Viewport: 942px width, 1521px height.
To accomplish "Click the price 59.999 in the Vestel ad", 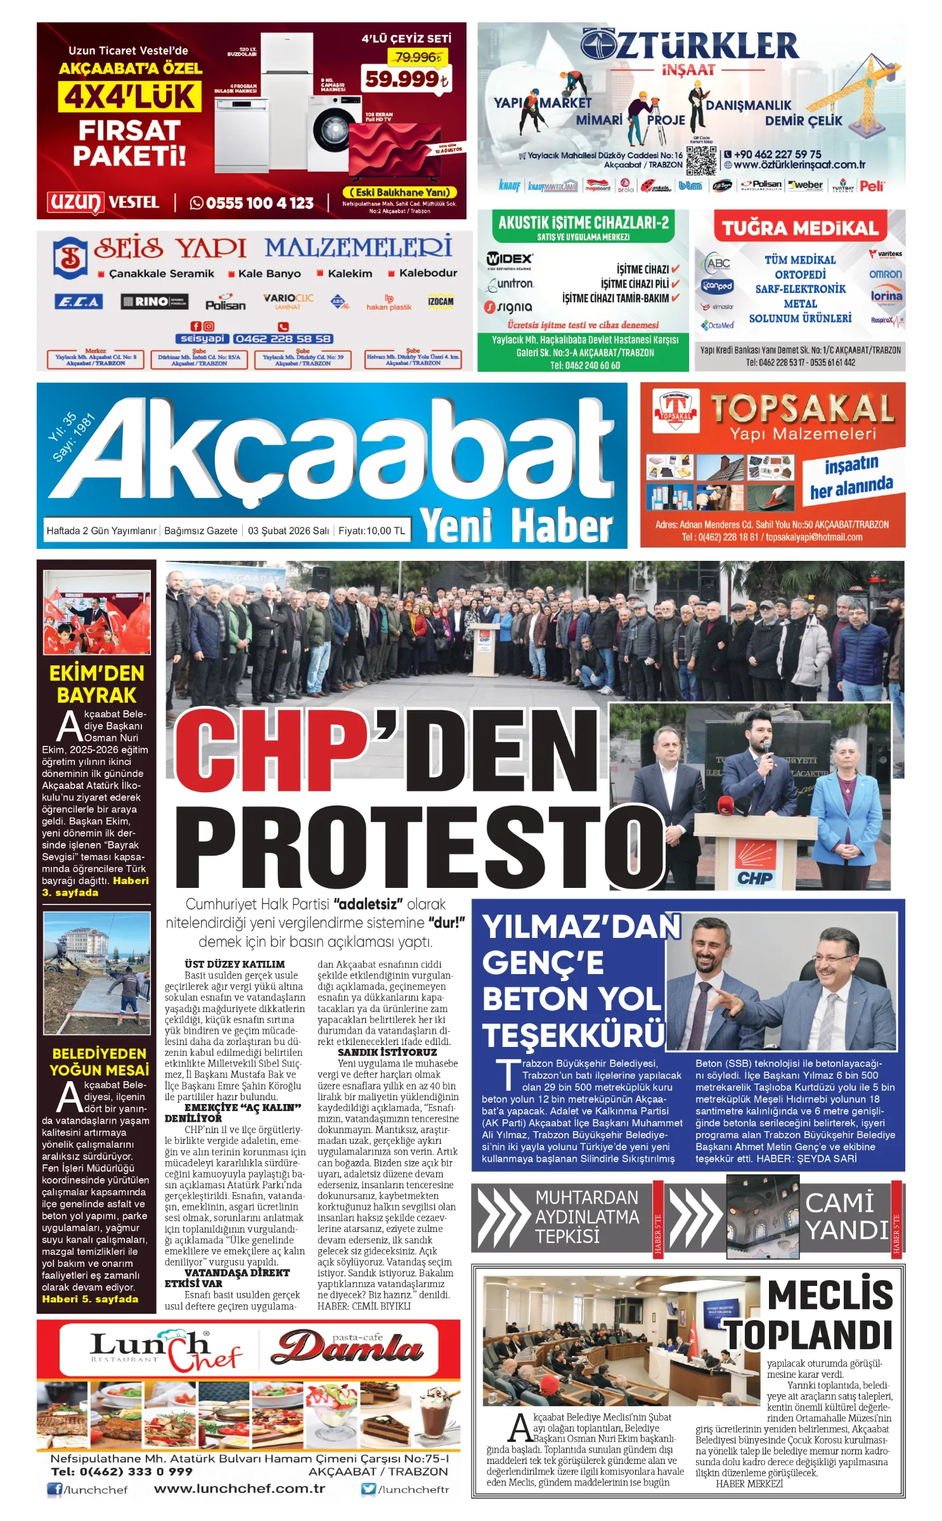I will tap(406, 79).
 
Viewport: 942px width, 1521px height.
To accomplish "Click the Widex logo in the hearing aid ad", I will tap(509, 259).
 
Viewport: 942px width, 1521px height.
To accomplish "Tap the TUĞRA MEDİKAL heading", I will tap(800, 228).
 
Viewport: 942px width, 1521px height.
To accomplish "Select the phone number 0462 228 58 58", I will tap(283, 338).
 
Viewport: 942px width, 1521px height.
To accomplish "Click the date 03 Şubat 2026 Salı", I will tap(288, 530).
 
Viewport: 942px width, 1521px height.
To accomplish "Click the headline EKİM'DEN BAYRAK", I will tap(96, 684).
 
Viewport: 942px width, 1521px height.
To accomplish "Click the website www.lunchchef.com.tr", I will tap(240, 1489).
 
